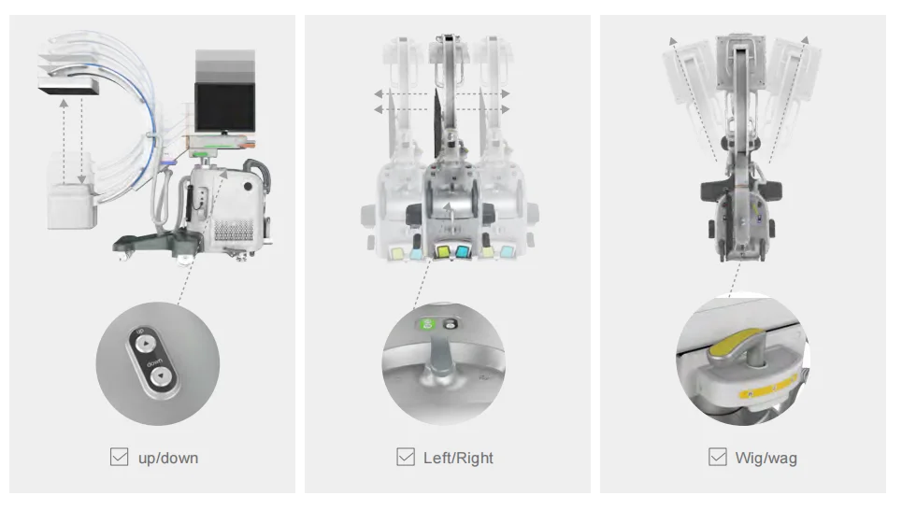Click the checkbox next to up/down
tap(119, 457)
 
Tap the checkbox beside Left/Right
tap(406, 457)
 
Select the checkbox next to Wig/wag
tap(717, 457)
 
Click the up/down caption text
tap(168, 458)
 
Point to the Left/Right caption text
tap(459, 458)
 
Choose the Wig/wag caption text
tap(766, 458)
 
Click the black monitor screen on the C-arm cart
tap(225, 107)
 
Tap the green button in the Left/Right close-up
tap(427, 325)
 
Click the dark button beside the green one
tap(451, 325)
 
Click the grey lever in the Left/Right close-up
tap(440, 355)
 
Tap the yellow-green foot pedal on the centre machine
tap(443, 251)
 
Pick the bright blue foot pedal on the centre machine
tap(462, 251)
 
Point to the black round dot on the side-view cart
tap(248, 187)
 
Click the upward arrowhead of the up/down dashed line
tap(64, 104)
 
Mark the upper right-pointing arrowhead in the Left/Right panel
tap(505, 93)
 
